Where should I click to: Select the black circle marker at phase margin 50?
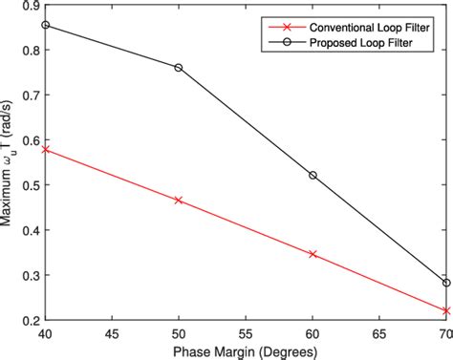pos(179,68)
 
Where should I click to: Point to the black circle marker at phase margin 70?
pos(446,283)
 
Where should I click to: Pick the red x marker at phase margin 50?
pos(179,201)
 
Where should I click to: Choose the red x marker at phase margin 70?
pos(446,310)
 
